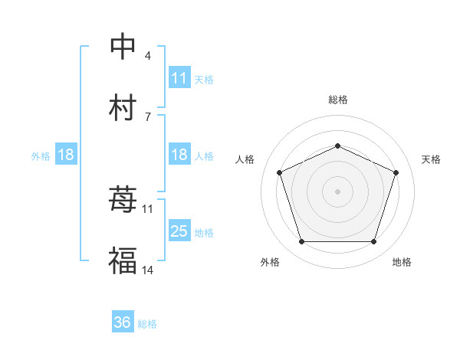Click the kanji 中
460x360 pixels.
123,46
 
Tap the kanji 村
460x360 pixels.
123,108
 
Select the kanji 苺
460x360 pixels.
123,200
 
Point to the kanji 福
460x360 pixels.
123,261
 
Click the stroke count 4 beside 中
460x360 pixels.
148,55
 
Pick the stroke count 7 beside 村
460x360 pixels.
148,116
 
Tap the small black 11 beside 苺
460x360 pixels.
148,208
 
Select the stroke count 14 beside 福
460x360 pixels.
148,270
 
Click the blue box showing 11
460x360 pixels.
179,78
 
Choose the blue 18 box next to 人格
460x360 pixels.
179,155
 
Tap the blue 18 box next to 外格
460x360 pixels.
66,155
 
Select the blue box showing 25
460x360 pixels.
179,231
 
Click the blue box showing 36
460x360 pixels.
123,322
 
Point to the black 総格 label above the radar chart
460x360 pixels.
337,100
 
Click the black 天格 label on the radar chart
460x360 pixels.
431,159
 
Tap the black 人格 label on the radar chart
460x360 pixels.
245,159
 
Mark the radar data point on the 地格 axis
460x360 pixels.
373,242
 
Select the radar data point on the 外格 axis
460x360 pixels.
301,242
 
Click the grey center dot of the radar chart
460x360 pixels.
337,191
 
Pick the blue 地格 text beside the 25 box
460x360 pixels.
204,232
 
